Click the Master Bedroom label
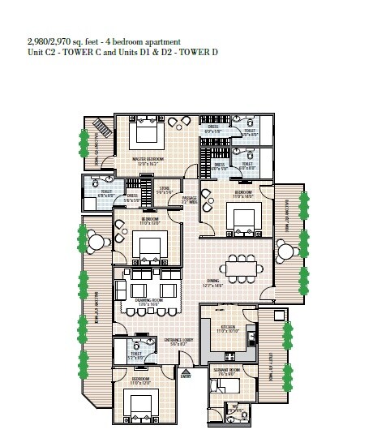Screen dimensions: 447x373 [148, 159]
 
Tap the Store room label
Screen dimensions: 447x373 [165, 190]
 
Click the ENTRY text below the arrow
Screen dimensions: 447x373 [186, 376]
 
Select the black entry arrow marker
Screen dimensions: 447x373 [186, 368]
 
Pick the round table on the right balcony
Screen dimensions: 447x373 [284, 247]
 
